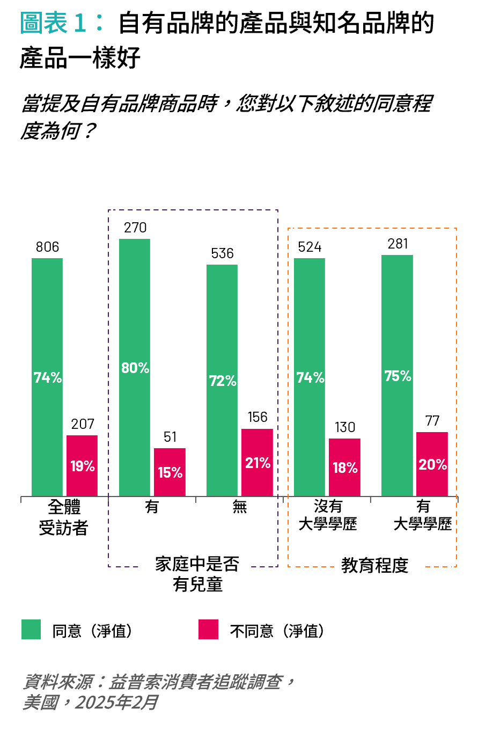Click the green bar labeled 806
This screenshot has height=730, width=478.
click(x=47, y=376)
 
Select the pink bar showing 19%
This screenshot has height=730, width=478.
click(x=82, y=465)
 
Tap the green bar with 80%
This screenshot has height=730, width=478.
click(x=135, y=367)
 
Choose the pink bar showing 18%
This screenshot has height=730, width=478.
click(x=344, y=466)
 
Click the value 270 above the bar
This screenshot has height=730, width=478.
click(x=135, y=228)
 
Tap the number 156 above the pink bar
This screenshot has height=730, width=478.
click(x=257, y=418)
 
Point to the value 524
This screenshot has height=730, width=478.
click(x=310, y=247)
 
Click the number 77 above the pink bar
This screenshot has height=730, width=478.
click(x=432, y=421)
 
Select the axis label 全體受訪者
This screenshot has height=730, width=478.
click(x=63, y=517)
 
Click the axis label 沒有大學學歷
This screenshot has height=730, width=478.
click(x=327, y=515)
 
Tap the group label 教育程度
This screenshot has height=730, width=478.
click(x=374, y=566)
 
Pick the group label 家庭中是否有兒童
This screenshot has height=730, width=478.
click(x=197, y=574)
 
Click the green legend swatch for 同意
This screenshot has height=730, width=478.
click(x=31, y=630)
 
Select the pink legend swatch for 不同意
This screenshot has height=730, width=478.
click(x=208, y=630)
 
